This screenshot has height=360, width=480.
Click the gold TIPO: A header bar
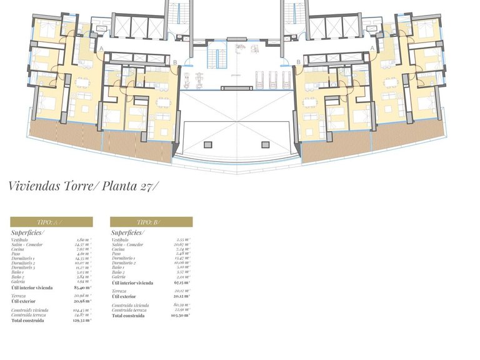click(51, 222)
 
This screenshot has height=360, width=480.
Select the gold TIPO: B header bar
click(151, 222)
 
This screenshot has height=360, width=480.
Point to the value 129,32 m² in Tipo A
click(82, 319)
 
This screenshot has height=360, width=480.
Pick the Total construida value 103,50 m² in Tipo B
click(182, 316)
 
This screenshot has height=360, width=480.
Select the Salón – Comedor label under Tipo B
click(127, 244)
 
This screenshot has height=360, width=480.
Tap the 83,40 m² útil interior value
click(82, 287)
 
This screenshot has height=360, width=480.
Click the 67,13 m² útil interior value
click(182, 282)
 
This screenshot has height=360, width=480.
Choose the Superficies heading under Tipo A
click(27, 232)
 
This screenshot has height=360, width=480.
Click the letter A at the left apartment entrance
click(101, 48)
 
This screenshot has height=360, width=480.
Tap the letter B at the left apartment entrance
click(175, 62)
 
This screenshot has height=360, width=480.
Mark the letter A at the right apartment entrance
click(372, 48)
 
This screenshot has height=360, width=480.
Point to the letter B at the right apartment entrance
click(299, 62)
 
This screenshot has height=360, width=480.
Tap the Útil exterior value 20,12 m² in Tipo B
click(182, 296)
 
